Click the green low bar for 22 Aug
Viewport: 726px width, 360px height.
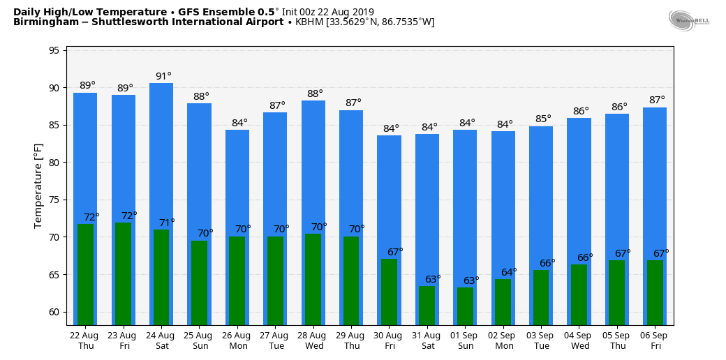(x=85, y=274)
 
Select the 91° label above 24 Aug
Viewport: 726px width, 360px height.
(x=163, y=76)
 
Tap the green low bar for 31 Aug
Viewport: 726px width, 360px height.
(x=427, y=305)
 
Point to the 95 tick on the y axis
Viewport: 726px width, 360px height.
(x=54, y=51)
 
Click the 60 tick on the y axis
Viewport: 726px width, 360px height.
(x=54, y=312)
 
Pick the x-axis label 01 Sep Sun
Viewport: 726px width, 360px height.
(x=466, y=340)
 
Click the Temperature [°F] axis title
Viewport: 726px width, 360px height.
(x=39, y=186)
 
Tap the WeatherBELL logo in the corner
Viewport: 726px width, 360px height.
(x=688, y=20)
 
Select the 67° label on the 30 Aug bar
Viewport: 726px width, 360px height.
(x=395, y=252)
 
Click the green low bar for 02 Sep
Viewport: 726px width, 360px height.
(x=503, y=301)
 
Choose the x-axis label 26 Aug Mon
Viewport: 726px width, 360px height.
(x=237, y=340)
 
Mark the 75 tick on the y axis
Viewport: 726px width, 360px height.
(x=54, y=200)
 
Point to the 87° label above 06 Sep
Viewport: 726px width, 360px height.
(x=657, y=100)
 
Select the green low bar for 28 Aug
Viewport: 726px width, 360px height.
(x=313, y=279)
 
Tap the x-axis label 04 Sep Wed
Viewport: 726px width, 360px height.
(x=579, y=340)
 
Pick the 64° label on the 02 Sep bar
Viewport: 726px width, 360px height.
(x=509, y=272)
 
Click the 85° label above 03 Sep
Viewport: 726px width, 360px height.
(x=543, y=119)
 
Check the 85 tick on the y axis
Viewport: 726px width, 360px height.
(x=54, y=126)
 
